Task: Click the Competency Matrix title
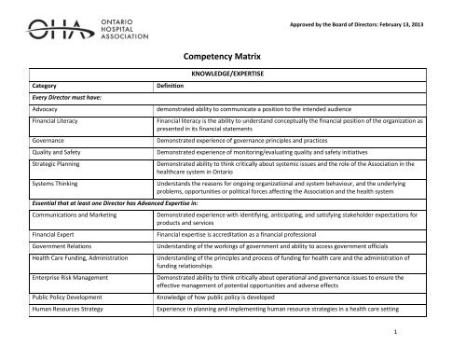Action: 233,56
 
